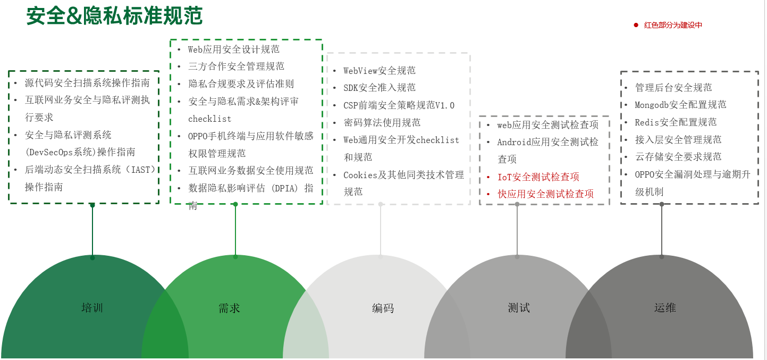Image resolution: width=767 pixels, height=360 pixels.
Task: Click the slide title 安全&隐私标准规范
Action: pos(114,16)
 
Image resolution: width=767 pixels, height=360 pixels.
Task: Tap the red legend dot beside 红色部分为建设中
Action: pos(636,25)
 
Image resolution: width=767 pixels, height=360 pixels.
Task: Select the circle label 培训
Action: pos(92,308)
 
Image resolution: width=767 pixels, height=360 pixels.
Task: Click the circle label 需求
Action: pos(229,308)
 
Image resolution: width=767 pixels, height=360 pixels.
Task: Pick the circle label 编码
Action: pos(383,308)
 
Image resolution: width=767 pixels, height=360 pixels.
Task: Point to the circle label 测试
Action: pos(519,308)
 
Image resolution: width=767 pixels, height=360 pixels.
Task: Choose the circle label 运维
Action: pos(665,308)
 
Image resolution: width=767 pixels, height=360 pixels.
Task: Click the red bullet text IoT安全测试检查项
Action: pos(538,177)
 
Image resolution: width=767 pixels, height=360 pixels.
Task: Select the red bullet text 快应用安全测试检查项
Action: pos(545,194)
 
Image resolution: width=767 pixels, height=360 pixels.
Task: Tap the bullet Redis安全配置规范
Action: pos(676,122)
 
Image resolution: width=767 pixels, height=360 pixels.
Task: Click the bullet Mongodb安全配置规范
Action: pos(680,105)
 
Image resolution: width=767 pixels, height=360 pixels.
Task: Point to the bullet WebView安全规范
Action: pos(380,71)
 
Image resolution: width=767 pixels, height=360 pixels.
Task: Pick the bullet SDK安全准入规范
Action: pos(380,88)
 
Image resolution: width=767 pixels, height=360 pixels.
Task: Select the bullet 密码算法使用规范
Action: pos(382,123)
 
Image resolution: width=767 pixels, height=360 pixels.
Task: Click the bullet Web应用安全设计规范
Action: pos(234,49)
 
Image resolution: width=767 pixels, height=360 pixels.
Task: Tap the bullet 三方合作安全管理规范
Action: pos(237,66)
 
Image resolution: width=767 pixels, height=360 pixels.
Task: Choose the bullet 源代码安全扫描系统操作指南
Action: pos(87,83)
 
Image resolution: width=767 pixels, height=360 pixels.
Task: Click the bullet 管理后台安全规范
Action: pos(673,88)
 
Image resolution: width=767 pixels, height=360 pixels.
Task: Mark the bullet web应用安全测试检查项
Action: pos(547,125)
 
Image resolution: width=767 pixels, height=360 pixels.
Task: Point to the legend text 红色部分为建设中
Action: pos(673,25)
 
